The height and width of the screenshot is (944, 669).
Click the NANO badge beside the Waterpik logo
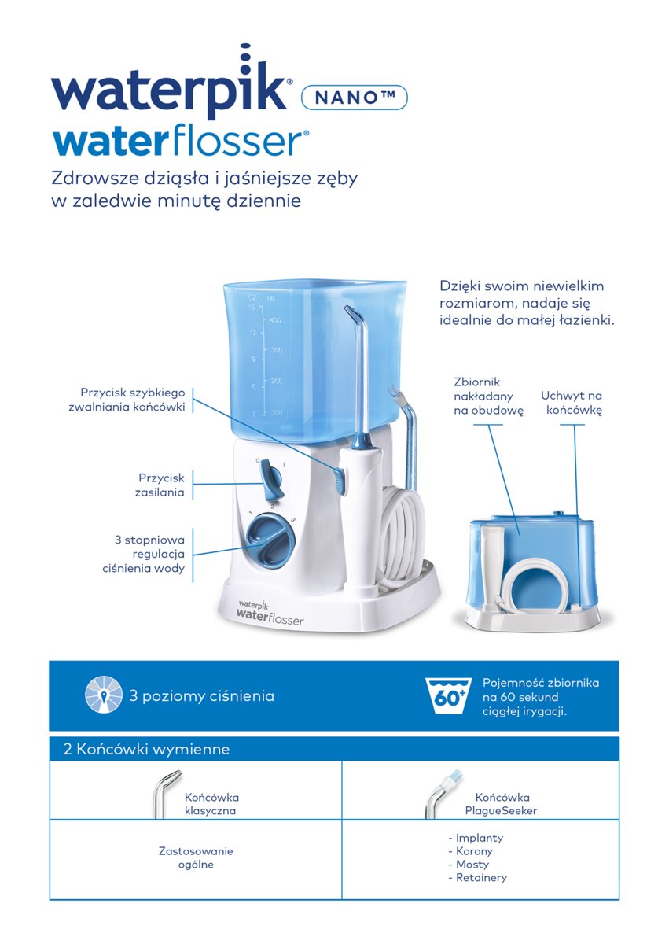pyautogui.click(x=355, y=98)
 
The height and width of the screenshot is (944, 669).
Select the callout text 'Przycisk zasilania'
pyautogui.click(x=160, y=485)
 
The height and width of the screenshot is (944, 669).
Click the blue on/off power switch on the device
pyautogui.click(x=270, y=479)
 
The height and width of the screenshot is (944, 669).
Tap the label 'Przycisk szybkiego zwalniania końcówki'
pyautogui.click(x=127, y=400)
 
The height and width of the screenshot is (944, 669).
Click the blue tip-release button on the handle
pyautogui.click(x=340, y=480)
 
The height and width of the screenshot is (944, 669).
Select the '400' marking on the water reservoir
pyautogui.click(x=274, y=320)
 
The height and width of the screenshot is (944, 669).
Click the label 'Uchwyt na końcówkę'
pyautogui.click(x=572, y=403)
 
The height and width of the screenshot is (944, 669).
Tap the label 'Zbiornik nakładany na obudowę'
pyautogui.click(x=488, y=396)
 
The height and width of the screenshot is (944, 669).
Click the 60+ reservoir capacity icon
pyautogui.click(x=447, y=695)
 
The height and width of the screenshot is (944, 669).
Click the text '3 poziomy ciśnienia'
pyautogui.click(x=202, y=695)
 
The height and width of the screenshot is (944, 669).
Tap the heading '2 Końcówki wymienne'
pyautogui.click(x=146, y=749)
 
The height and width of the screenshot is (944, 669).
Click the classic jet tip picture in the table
pyautogui.click(x=166, y=794)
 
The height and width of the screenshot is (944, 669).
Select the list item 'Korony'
pyautogui.click(x=470, y=851)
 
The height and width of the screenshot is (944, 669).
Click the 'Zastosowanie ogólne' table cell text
pyautogui.click(x=196, y=857)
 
